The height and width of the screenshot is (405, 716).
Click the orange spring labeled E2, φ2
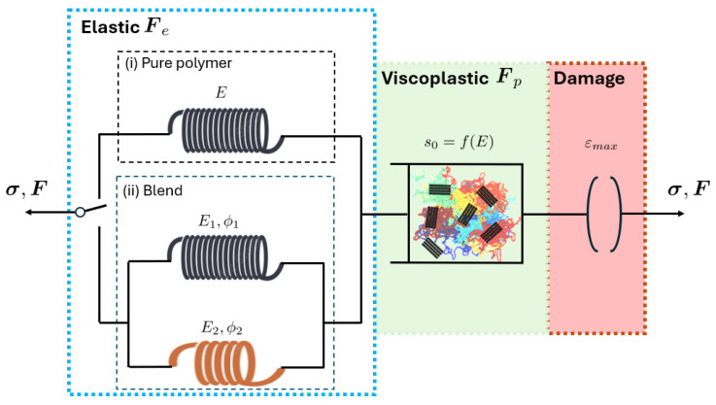coord(227,363)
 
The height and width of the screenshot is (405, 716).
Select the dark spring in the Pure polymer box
coord(225,130)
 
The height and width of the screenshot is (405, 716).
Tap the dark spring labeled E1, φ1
coord(225,257)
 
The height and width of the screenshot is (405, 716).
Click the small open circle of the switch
coord(80,212)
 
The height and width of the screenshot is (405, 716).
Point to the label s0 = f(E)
coord(459,142)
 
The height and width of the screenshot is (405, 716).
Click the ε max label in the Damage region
coord(601,145)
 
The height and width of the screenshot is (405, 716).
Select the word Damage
coord(589,79)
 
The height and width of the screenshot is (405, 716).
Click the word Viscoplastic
coord(434,78)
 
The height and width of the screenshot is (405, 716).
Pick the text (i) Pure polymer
coord(179,63)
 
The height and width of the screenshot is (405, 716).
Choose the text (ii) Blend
coord(153,190)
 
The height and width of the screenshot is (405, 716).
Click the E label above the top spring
coord(221,92)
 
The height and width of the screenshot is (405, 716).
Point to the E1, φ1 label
coord(219,221)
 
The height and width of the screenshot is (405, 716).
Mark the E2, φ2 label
coord(222,327)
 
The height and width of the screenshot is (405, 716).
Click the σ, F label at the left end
coord(26,189)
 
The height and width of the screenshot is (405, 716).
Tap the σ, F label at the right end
coord(689,189)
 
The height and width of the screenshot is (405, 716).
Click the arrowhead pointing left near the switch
coord(29,213)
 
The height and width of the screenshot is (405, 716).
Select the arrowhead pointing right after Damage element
coord(680,214)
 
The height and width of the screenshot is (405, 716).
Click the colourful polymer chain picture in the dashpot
coord(465,214)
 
